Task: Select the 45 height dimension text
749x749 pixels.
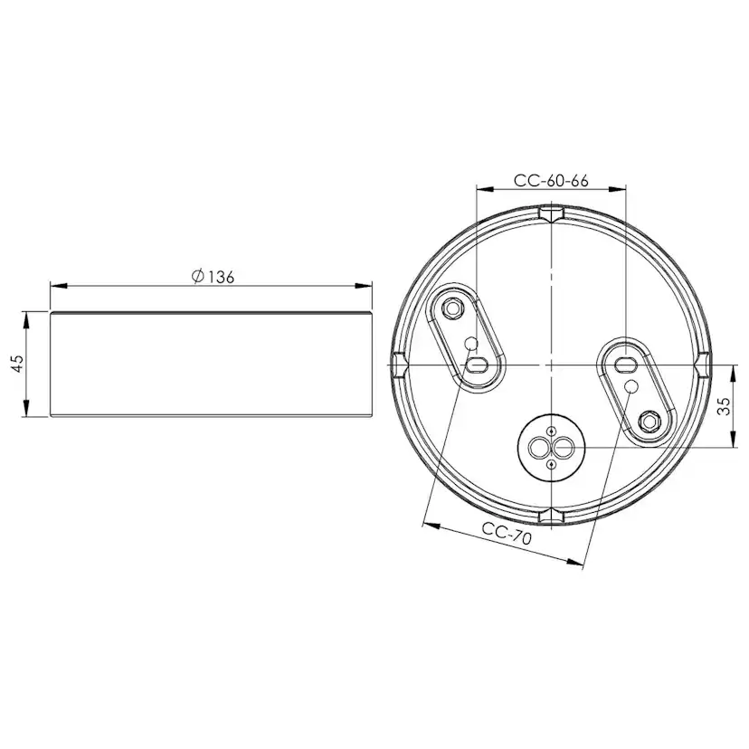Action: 16,364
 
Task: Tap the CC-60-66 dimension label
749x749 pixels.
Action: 551,180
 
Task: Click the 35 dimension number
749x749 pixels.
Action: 724,406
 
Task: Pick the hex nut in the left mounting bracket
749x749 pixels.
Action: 452,308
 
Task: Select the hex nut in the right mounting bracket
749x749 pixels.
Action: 648,421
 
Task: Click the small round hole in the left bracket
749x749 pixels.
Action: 471,344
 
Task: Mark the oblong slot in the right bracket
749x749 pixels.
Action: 623,364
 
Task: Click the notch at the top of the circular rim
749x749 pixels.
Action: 551,213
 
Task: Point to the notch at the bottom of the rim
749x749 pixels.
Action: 551,517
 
